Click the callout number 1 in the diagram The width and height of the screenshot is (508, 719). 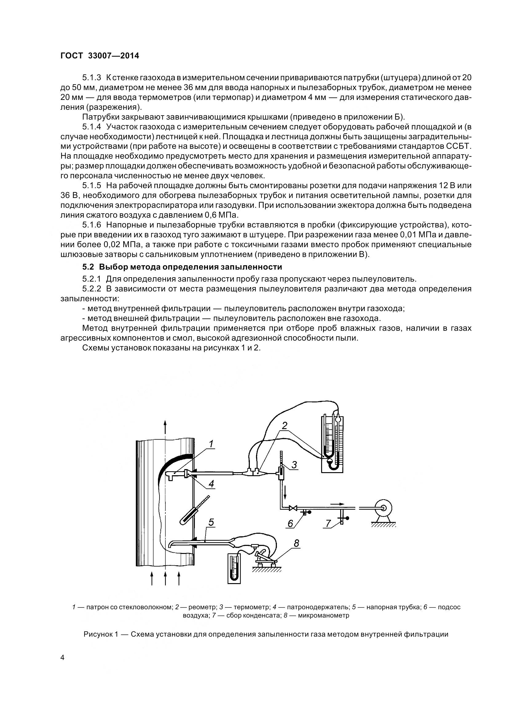click(211, 444)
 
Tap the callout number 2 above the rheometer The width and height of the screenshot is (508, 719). click(285, 425)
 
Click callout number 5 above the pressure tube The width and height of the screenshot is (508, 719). click(211, 522)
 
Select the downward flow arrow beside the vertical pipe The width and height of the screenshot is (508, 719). click(286, 495)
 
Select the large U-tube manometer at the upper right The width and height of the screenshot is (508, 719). click(333, 444)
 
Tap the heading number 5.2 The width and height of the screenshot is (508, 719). click(89, 267)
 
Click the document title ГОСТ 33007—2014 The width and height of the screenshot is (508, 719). click(100, 56)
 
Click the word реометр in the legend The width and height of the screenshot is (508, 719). click(200, 607)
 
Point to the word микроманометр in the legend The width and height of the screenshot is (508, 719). click(323, 615)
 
